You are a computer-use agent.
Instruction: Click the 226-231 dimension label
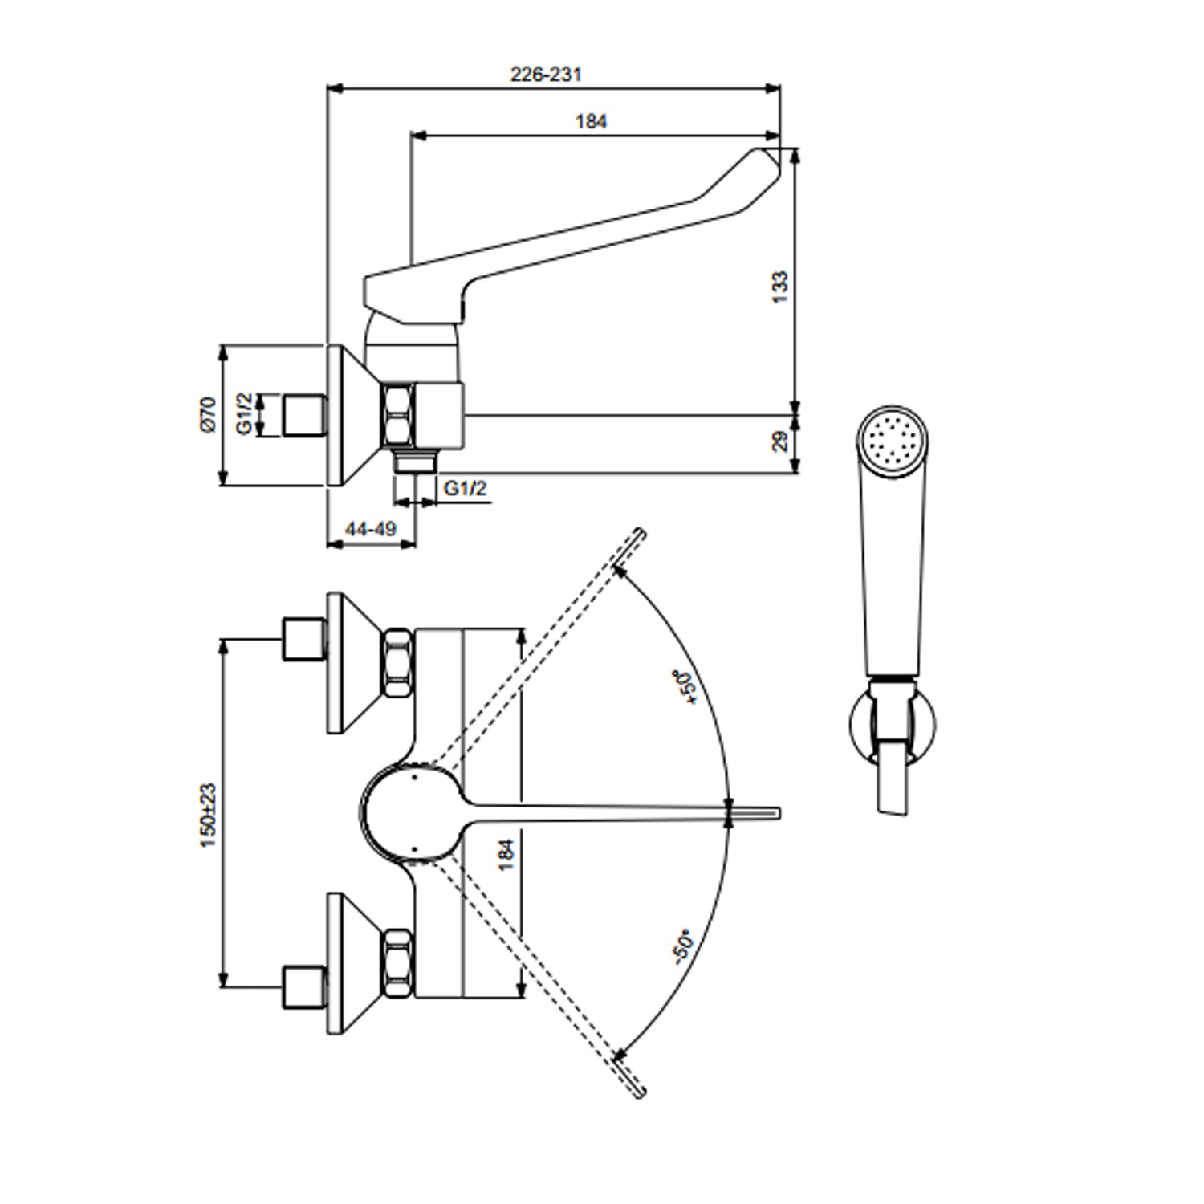(546, 75)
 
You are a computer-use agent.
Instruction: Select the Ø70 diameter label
(208, 414)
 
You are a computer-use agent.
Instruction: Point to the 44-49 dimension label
(371, 529)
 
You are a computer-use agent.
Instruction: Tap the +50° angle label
(689, 686)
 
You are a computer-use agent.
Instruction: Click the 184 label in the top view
(506, 855)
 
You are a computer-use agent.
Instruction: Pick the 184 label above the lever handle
(591, 122)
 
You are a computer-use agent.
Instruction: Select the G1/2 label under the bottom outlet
(466, 488)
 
